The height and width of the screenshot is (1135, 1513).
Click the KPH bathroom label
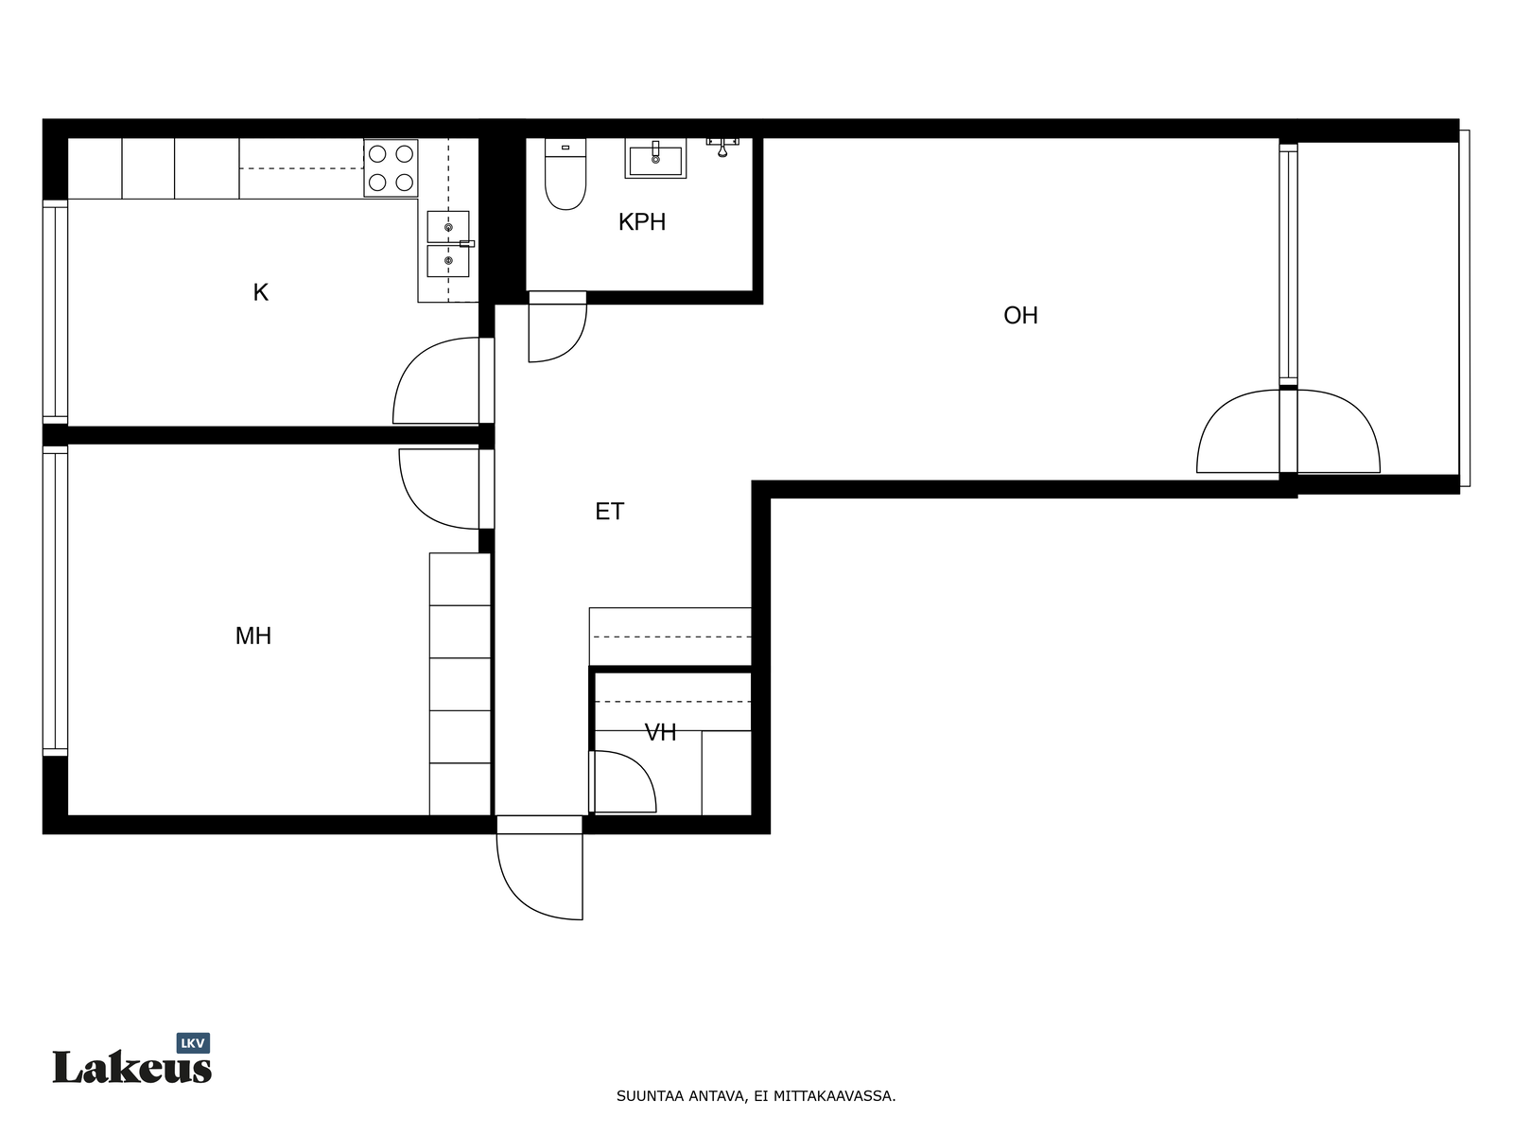pos(641,222)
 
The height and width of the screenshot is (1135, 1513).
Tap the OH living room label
pos(1020,315)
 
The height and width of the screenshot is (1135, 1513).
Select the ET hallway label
pos(609,512)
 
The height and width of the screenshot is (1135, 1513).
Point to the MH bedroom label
pos(253,636)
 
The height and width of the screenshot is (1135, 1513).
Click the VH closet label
pos(660,732)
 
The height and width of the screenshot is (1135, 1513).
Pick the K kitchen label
pos(261,292)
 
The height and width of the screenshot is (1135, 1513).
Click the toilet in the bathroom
pos(565,174)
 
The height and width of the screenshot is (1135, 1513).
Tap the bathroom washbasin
pos(655,159)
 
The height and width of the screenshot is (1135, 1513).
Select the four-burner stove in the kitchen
pos(391,168)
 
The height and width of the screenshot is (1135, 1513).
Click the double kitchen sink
pos(448,244)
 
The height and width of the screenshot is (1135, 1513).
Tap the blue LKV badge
pos(193,1043)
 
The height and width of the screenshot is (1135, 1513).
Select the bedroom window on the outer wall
pos(55,601)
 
